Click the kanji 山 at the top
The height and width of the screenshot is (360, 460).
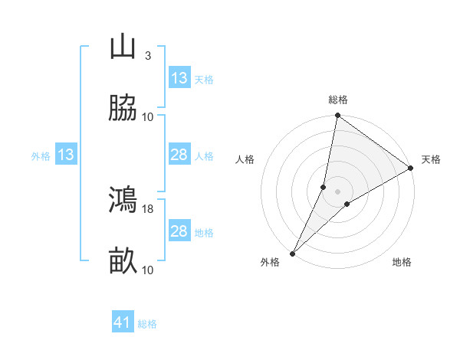click(123, 47)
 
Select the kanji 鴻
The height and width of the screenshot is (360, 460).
click(123, 200)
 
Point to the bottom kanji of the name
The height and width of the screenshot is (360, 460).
click(123, 261)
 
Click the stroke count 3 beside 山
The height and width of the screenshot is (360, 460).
click(147, 56)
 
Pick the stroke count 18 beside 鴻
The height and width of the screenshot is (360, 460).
click(149, 208)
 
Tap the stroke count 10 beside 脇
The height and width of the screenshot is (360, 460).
click(148, 117)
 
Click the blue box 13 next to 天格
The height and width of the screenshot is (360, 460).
click(179, 78)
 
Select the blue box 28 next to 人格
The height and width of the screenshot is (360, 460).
click(179, 155)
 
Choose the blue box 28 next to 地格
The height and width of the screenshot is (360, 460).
click(179, 231)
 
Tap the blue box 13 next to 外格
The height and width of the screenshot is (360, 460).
click(66, 155)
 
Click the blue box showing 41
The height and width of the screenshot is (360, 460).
click(123, 322)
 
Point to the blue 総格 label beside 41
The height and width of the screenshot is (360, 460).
click(147, 324)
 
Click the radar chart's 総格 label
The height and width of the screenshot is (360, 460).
click(338, 100)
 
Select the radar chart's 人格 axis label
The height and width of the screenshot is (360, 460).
click(245, 159)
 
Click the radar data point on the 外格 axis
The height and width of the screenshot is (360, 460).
click(292, 254)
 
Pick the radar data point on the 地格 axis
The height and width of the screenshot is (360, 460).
click(347, 204)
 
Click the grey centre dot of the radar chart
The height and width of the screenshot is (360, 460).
click(338, 191)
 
